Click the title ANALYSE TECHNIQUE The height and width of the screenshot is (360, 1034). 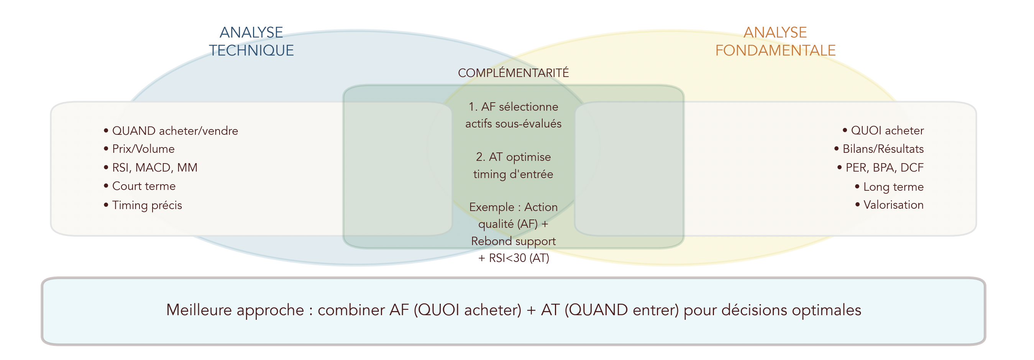point(251,41)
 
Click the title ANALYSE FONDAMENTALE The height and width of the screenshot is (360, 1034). point(775,41)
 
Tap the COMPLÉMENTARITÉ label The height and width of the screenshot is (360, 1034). point(513,73)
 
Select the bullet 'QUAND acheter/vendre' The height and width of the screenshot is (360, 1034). point(175,131)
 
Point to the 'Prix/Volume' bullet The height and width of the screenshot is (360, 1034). point(143,149)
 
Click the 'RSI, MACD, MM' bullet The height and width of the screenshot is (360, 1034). point(154,168)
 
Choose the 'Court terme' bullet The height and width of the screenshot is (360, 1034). point(144,186)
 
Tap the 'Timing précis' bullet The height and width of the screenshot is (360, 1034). point(147,205)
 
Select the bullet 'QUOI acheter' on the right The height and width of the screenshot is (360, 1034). point(887,131)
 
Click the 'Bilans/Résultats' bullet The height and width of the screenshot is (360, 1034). point(883,149)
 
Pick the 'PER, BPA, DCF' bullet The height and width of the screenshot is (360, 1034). point(884,168)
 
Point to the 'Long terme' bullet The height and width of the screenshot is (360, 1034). point(893,187)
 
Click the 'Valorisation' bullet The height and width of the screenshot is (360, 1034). point(893,205)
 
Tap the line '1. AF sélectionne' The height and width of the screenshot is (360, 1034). point(513,107)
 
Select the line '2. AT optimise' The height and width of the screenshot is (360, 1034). point(513,157)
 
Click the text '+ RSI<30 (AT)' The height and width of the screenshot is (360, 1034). point(513,258)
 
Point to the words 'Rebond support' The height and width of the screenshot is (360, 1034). point(513,241)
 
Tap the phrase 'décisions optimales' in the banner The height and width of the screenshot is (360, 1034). point(791,310)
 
